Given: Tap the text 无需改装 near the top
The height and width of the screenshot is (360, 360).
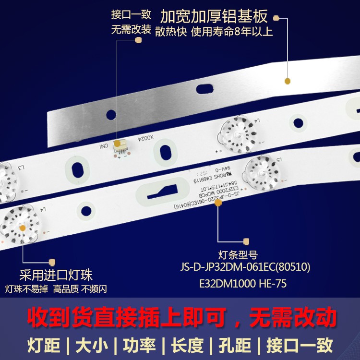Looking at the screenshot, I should (x=131, y=30).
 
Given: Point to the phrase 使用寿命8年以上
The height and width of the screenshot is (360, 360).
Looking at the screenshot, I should (x=232, y=32).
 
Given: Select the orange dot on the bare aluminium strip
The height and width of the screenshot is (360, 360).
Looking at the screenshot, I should (x=288, y=81).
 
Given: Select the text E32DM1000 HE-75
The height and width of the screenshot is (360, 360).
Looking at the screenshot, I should (x=243, y=284).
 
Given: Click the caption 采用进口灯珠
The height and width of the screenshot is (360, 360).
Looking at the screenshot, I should (x=56, y=276).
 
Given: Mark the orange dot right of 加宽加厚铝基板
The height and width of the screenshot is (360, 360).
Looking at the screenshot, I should (x=276, y=18).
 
